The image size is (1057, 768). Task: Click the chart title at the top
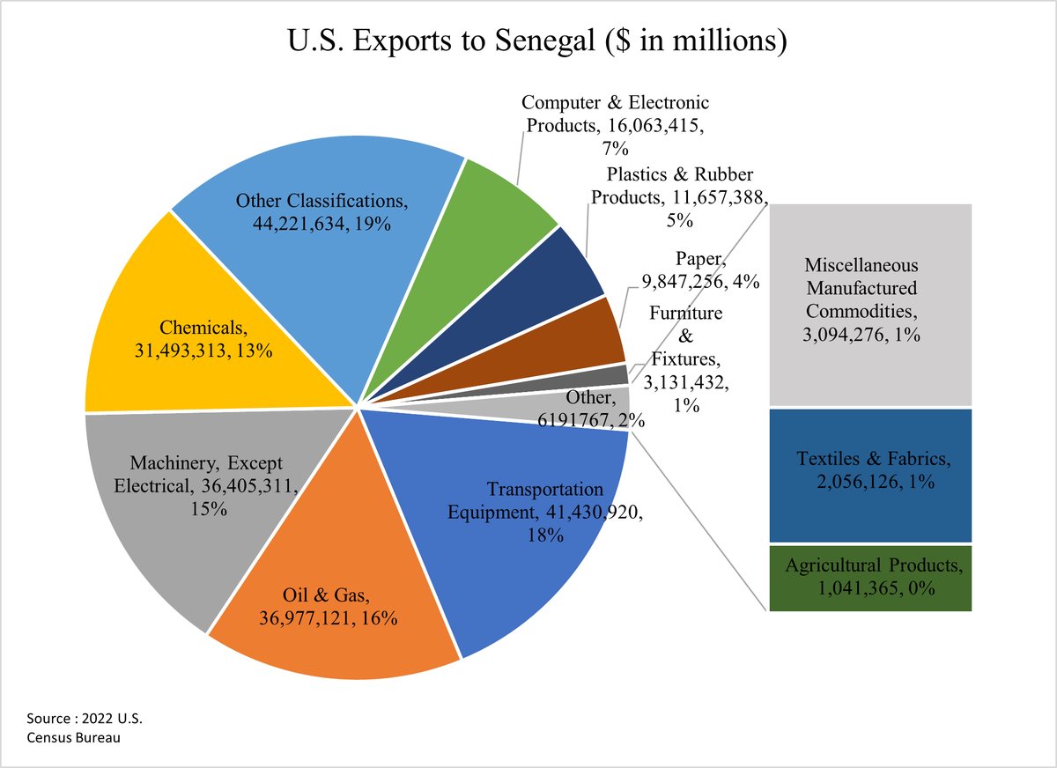coord(528,41)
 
